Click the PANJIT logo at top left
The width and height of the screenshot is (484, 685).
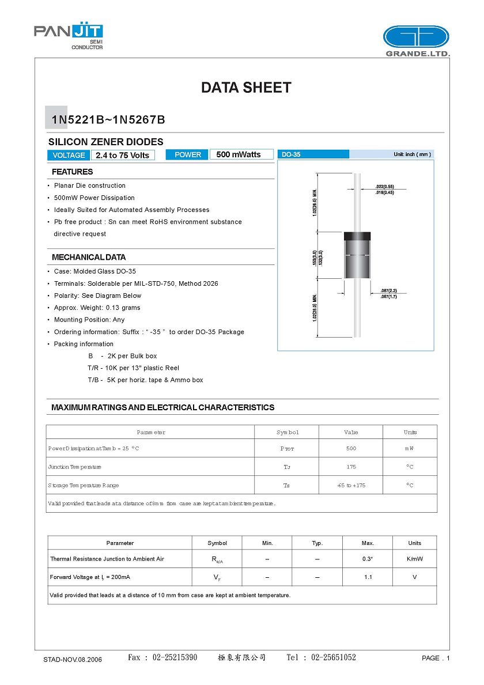[68, 36]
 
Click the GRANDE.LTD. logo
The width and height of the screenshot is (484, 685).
[416, 41]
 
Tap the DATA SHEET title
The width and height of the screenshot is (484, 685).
[246, 88]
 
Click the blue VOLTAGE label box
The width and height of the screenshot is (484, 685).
[69, 155]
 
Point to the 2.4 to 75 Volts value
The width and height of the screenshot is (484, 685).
[122, 155]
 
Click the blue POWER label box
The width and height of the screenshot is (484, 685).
[188, 154]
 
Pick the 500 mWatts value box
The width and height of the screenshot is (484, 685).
[239, 154]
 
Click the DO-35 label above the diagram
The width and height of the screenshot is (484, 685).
[291, 154]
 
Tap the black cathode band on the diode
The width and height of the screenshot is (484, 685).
[357, 236]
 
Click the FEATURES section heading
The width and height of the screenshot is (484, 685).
[72, 172]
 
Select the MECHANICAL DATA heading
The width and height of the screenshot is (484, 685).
[89, 257]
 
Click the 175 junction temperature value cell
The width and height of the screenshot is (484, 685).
[351, 467]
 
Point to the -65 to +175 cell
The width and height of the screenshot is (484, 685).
[351, 485]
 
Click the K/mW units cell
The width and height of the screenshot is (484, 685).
[414, 559]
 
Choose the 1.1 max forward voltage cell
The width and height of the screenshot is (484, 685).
[368, 577]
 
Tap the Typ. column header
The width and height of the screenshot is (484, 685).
[317, 543]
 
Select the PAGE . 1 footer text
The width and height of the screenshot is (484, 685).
[435, 658]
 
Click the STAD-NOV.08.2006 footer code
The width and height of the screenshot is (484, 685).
[73, 659]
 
